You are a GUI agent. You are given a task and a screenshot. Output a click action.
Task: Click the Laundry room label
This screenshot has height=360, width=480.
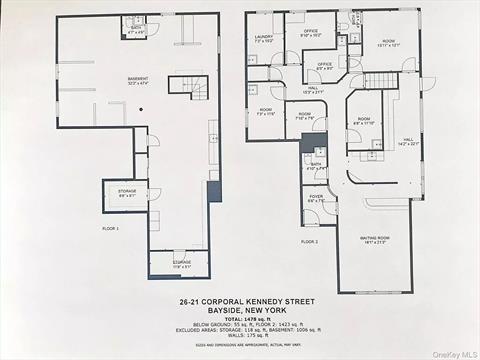[x=263, y=39]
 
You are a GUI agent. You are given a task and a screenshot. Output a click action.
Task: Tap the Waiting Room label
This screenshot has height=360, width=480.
[x=376, y=241]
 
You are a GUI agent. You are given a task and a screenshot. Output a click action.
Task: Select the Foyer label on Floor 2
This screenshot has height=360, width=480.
[x=316, y=199]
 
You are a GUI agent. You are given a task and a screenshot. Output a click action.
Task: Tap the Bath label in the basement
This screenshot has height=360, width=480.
[x=136, y=30]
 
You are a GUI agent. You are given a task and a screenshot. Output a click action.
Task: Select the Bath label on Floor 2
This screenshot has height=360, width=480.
[x=315, y=166]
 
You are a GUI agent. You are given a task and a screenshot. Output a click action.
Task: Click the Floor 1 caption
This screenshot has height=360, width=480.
[x=110, y=229]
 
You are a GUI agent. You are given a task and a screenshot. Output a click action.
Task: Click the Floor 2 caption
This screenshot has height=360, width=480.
[x=309, y=241]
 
